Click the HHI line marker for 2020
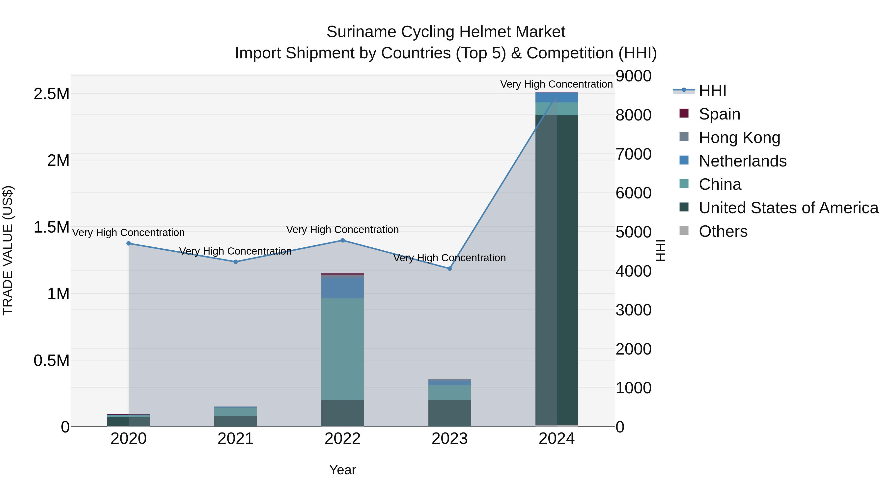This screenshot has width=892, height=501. [128, 243]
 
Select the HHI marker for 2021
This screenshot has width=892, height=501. [235, 262]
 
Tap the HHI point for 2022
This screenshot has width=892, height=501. [342, 240]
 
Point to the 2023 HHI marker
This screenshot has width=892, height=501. [449, 269]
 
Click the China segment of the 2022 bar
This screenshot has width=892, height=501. [342, 349]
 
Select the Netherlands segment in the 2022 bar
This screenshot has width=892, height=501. [342, 288]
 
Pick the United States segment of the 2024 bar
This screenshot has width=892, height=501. [557, 270]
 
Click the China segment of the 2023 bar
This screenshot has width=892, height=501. [449, 392]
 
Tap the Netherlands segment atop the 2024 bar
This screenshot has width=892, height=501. [557, 97]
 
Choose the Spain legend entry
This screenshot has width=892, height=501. [719, 114]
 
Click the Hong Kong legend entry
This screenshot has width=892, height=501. [739, 138]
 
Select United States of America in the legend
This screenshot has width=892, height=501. [788, 208]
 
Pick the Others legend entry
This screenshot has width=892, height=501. [723, 231]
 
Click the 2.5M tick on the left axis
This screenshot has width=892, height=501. [52, 94]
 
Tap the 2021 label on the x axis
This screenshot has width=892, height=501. [235, 439]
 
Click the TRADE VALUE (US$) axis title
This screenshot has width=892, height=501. [8, 250]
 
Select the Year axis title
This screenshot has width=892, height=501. [342, 470]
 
